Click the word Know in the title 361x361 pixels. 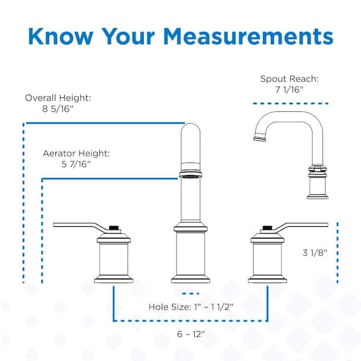pos(61,36)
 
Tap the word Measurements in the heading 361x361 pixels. pos(248,36)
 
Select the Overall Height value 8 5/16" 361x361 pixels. pos(58,109)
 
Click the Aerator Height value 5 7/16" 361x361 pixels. pos(76,164)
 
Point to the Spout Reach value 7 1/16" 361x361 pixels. pos(289,89)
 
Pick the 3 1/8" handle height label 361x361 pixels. pos(315,253)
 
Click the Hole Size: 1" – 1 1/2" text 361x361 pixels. pos(191,307)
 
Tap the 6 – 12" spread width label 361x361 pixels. pos(191,334)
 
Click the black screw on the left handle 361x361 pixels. pos(114,227)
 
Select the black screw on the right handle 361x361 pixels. pos(267,227)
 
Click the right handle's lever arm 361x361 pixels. pos(301,226)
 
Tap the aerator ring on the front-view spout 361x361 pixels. pos(191,174)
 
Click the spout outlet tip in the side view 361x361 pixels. pos(259,138)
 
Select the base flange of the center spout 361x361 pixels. pos(191,279)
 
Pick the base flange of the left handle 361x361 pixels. pos(114,279)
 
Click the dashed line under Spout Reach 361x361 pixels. pos(291,103)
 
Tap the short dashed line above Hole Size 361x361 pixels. pos(191,294)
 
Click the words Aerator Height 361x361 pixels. pos(76,153)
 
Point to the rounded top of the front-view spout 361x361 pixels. pos(191,126)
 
